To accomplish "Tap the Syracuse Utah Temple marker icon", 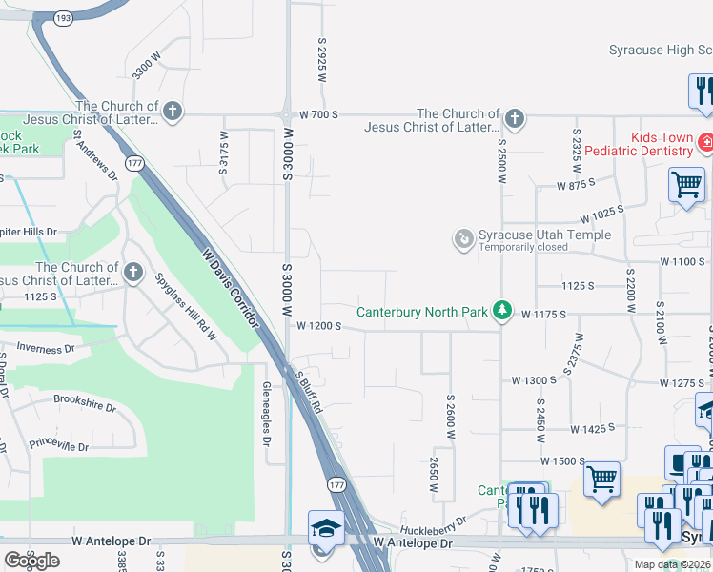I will pos(464,238).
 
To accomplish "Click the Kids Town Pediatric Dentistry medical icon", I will pos(705,144).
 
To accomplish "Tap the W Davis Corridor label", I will pos(231,288).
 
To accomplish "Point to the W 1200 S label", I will pos(318,325).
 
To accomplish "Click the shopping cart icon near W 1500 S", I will pos(601,479).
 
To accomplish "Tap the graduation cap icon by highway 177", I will pos(325,527).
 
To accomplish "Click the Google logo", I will pos(31,561).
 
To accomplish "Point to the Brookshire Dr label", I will pos(84,401).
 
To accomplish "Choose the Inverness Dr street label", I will pos(45,350).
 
